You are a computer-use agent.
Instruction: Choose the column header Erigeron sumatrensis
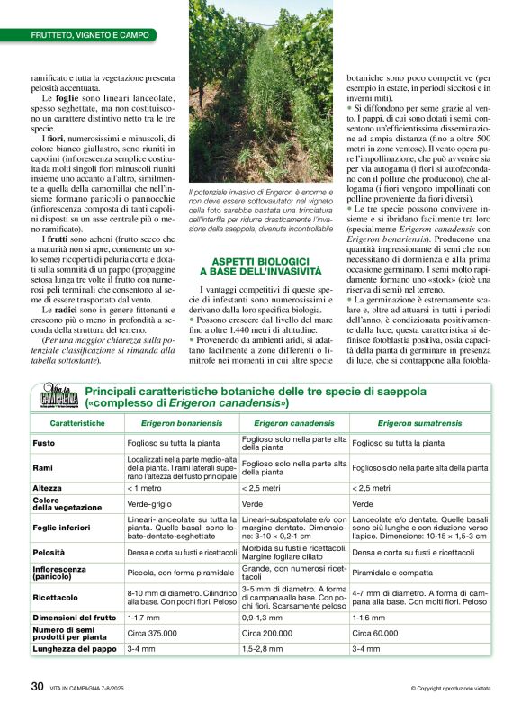419,422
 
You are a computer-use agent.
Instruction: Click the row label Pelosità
49,551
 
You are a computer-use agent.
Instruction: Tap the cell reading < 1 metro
148,488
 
